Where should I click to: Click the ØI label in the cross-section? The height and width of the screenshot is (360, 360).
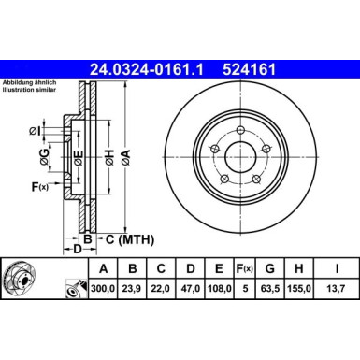point(35,129)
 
